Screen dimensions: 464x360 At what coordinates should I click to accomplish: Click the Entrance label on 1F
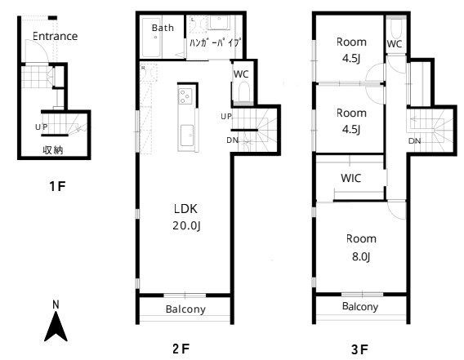[55, 36]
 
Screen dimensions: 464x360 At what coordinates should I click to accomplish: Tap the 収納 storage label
[53, 150]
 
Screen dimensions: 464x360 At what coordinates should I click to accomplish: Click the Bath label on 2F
[163, 28]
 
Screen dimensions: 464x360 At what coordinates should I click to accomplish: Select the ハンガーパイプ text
[214, 42]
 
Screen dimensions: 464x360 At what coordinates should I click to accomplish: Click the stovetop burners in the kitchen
[185, 96]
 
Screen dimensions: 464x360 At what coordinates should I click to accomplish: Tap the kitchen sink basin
[187, 136]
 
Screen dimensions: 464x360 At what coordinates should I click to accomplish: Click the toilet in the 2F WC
[243, 91]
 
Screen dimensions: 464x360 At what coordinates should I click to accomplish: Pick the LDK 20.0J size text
[186, 226]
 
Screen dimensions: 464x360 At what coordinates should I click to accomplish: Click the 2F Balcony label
[185, 309]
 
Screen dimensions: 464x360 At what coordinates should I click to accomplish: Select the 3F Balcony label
[360, 306]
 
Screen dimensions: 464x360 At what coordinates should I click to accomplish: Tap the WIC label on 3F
[351, 178]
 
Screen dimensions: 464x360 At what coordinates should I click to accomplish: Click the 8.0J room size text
[361, 256]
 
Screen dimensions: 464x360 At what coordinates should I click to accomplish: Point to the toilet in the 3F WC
[396, 29]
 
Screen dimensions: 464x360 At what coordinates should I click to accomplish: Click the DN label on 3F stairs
[415, 141]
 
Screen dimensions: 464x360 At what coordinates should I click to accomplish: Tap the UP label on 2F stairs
[226, 117]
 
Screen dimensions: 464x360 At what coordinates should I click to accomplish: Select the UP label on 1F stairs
[41, 127]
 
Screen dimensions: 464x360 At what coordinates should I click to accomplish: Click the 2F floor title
[181, 349]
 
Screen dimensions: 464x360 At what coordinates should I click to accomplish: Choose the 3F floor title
[359, 350]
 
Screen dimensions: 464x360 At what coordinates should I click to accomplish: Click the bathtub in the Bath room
[151, 38]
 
